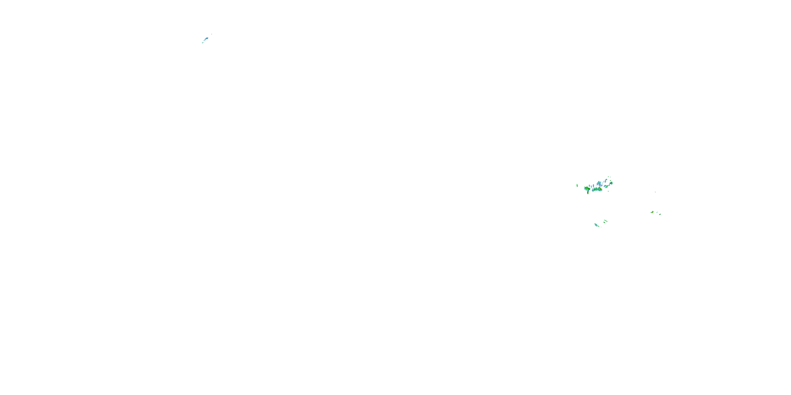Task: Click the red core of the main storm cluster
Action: (x=599, y=190)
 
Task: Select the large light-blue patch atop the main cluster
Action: (x=599, y=183)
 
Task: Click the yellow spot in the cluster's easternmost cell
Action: (x=611, y=183)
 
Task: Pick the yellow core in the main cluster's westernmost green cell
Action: (x=587, y=188)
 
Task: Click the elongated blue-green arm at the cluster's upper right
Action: (x=606, y=180)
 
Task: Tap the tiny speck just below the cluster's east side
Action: (x=608, y=191)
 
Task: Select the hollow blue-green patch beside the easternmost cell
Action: (x=606, y=186)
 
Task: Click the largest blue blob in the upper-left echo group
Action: (x=207, y=38)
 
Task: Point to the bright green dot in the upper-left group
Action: (x=202, y=43)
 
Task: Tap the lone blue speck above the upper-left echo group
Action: (x=211, y=34)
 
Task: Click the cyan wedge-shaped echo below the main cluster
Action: (x=596, y=225)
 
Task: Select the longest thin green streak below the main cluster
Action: (x=606, y=221)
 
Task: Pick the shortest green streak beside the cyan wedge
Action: (x=604, y=222)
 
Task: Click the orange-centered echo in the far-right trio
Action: (x=653, y=213)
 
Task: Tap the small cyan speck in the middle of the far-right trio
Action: (x=657, y=213)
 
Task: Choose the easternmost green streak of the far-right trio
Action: (x=660, y=215)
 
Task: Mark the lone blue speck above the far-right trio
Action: (x=655, y=192)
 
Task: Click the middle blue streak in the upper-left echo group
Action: (x=205, y=41)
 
